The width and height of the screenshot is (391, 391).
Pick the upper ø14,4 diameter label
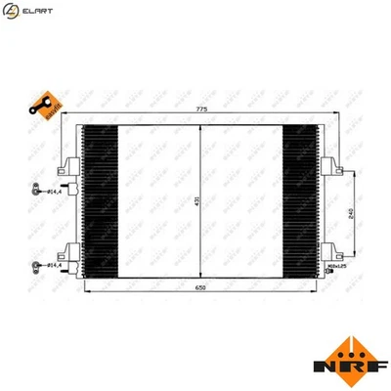[57, 192]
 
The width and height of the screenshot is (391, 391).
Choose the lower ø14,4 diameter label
[55, 264]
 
